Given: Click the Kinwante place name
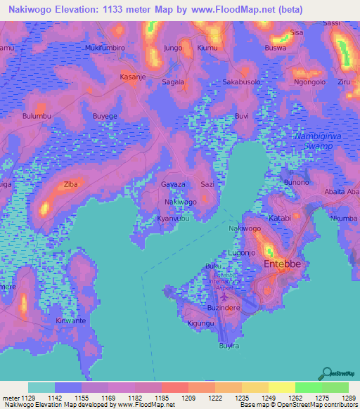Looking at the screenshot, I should [x=71, y=320].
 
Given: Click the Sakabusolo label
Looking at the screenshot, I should [x=242, y=82].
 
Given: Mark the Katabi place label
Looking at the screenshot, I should [x=280, y=218].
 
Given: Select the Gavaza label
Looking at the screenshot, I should [x=174, y=183].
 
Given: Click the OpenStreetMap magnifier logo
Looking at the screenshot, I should [x=326, y=372].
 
